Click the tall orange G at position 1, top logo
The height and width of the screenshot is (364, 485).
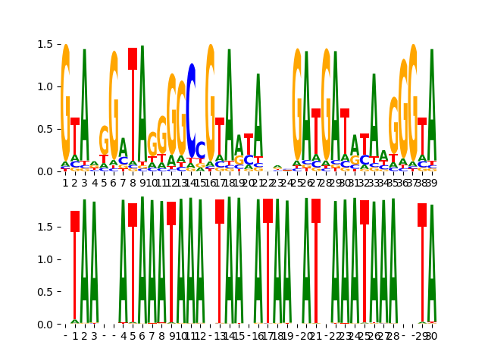[65, 99]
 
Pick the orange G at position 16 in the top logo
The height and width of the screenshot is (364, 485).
[211, 99]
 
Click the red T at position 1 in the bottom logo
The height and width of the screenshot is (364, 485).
[75, 221]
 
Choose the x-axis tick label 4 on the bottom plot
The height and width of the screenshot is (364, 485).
[124, 336]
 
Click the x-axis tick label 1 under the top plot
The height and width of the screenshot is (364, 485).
[65, 183]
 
